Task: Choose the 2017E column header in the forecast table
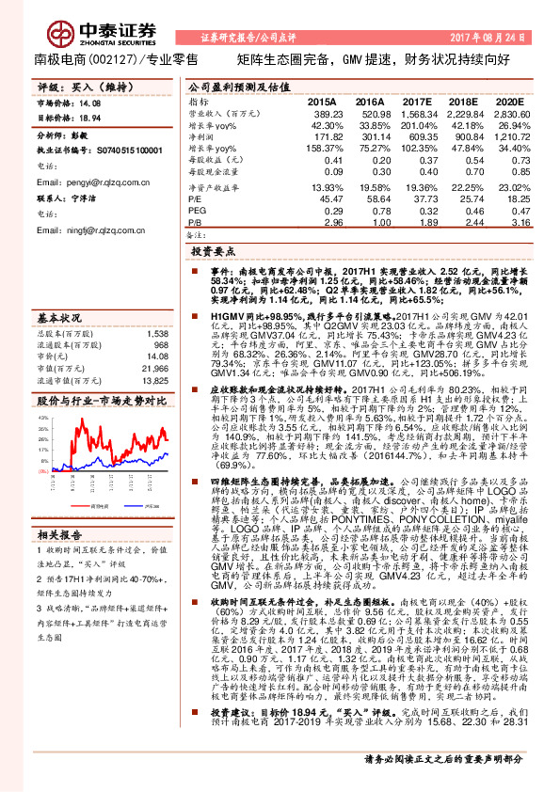click(x=415, y=102)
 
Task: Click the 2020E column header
click(x=508, y=102)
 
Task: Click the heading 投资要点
click(x=214, y=254)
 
